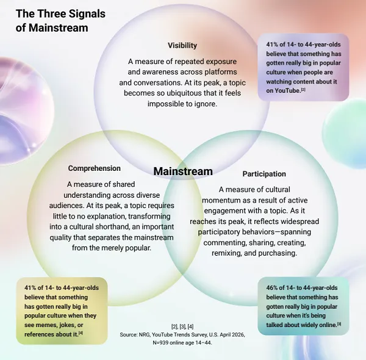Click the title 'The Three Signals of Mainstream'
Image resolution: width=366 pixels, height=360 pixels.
pyautogui.click(x=60, y=21)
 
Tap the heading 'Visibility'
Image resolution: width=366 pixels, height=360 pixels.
pyautogui.click(x=182, y=45)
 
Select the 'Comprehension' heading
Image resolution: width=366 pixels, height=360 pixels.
pyautogui.click(x=95, y=168)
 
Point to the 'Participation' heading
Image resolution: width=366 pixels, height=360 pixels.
pyautogui.click(x=264, y=174)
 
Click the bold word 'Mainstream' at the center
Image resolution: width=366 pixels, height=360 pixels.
pyautogui.click(x=183, y=171)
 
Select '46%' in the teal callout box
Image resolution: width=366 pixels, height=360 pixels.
pyautogui.click(x=271, y=287)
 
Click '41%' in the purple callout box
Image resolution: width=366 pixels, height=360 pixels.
pyautogui.click(x=271, y=45)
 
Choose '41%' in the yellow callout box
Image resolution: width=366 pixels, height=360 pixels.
pyautogui.click(x=30, y=287)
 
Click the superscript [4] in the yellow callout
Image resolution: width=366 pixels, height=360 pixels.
pyautogui.click(x=81, y=333)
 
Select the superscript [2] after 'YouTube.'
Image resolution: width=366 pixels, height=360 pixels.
pyautogui.click(x=303, y=89)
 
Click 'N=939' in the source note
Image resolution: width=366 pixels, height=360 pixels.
pyautogui.click(x=160, y=343)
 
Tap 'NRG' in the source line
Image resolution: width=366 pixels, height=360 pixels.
pyautogui.click(x=144, y=335)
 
